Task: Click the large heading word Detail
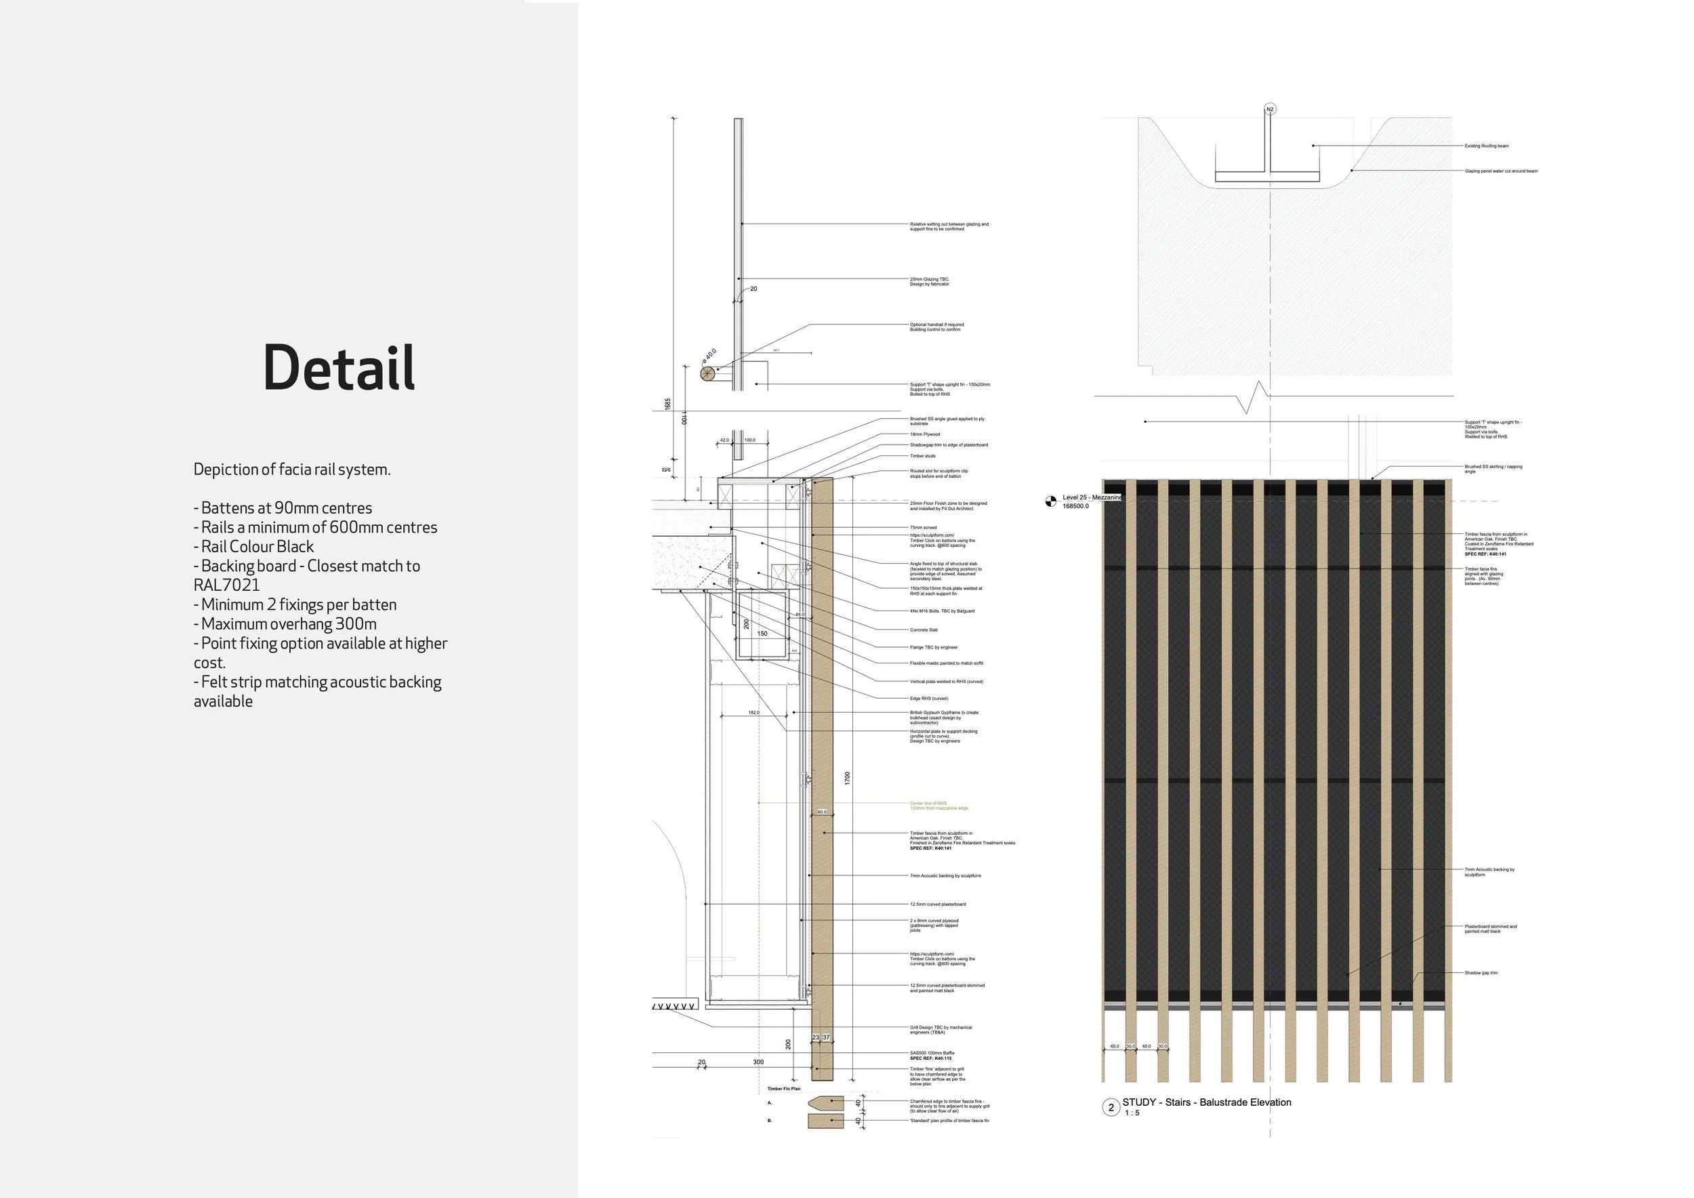(339, 367)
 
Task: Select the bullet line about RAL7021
(306, 575)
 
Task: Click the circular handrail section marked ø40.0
(708, 373)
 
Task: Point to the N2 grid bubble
(1270, 109)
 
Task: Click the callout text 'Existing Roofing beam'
(1486, 146)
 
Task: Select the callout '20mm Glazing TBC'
(929, 281)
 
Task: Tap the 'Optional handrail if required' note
(936, 327)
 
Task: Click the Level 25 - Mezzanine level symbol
(1051, 502)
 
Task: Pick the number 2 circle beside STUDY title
(1111, 1107)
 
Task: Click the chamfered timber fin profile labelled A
(825, 1103)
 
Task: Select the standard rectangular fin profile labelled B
(825, 1121)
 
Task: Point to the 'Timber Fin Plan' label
(783, 1089)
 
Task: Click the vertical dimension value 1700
(848, 779)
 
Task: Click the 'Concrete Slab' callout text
(924, 630)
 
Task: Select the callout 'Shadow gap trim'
(1481, 973)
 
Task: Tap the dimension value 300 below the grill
(758, 1062)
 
